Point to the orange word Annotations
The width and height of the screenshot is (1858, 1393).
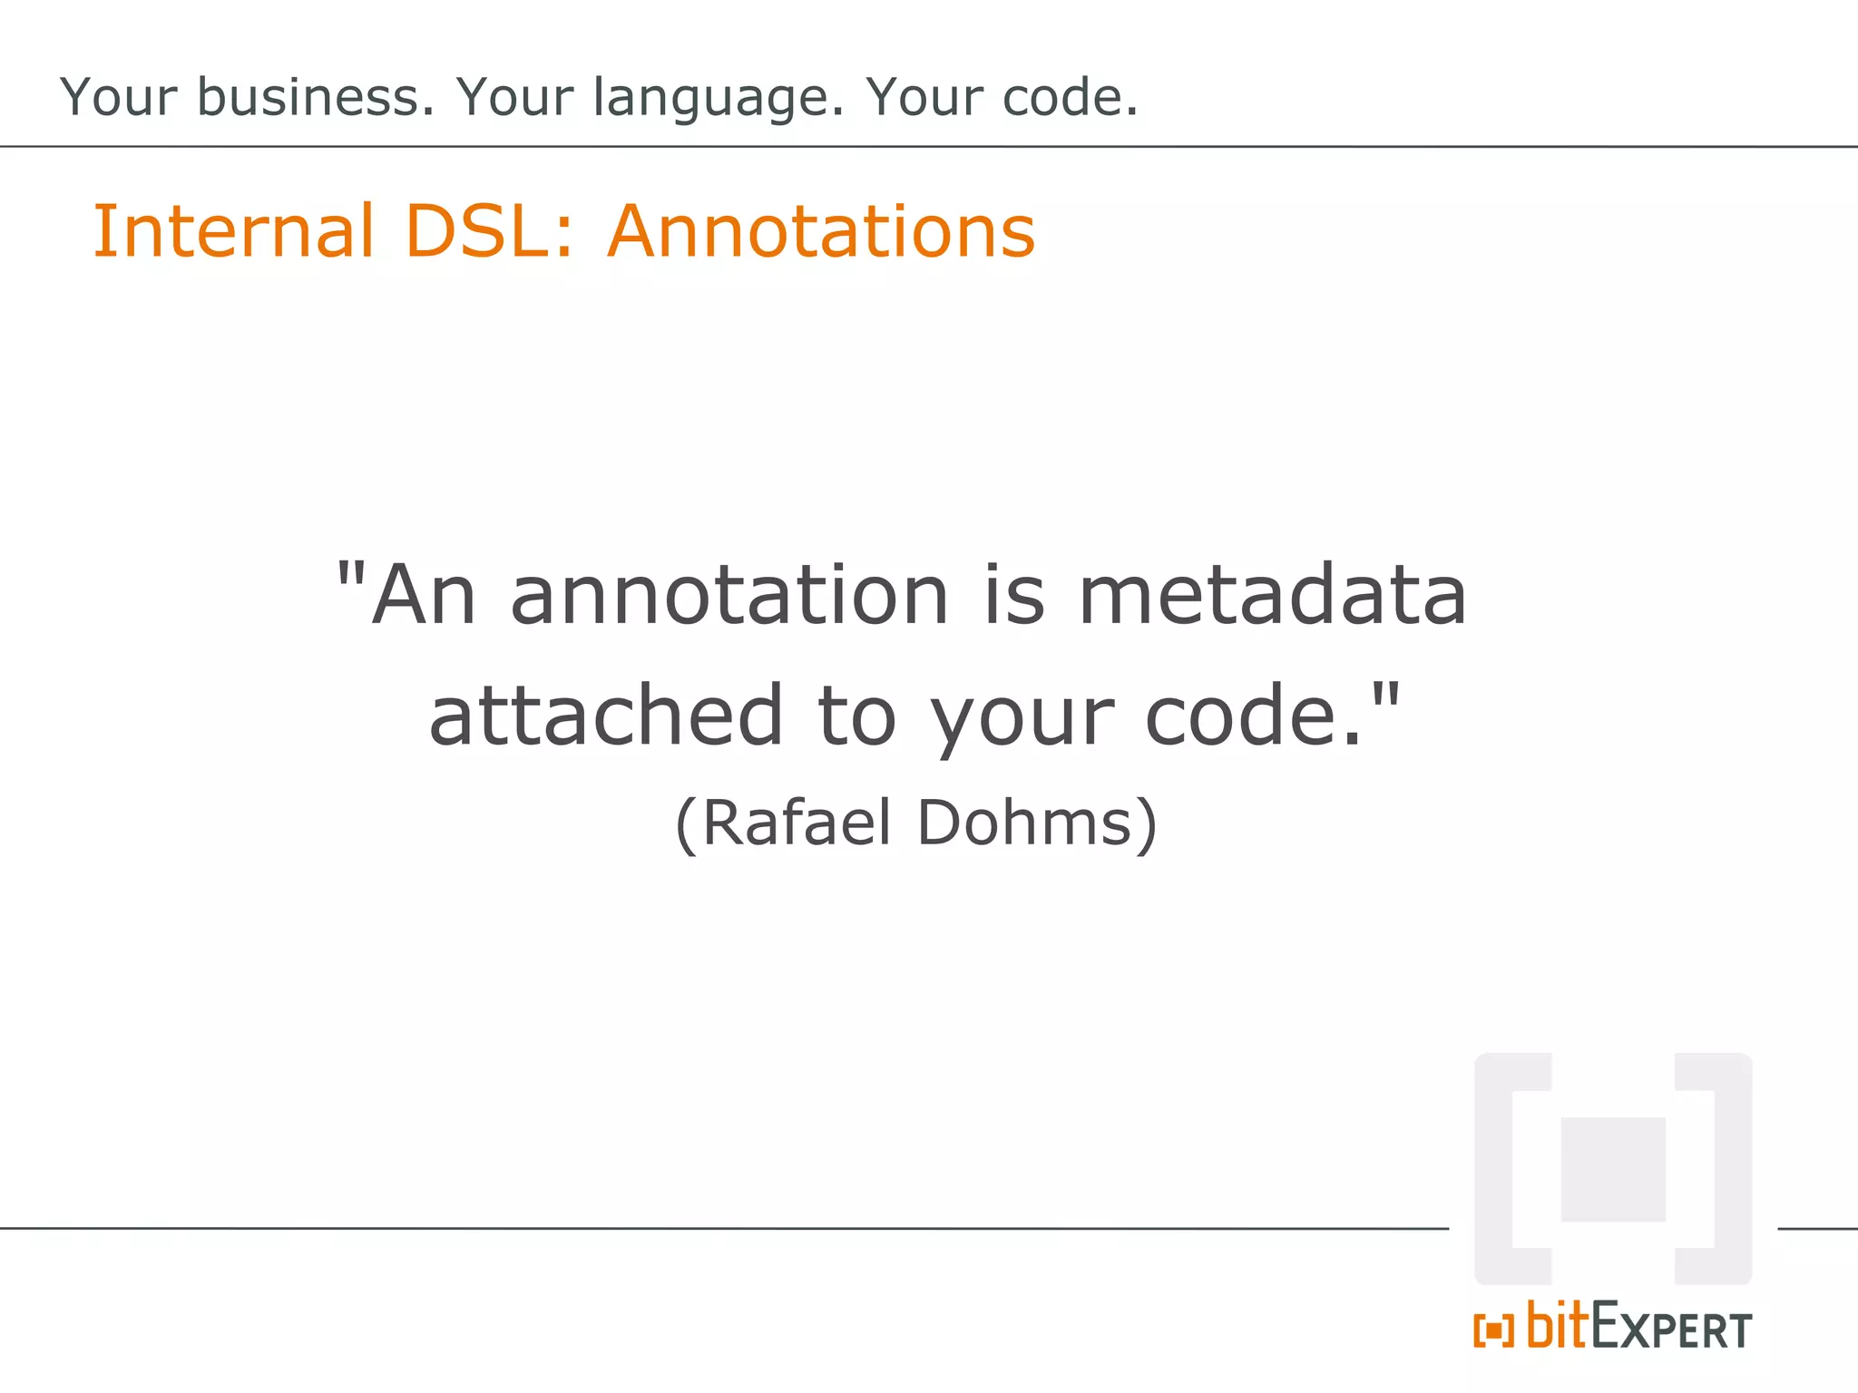[x=821, y=231]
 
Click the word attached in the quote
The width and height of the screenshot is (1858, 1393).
[x=606, y=716]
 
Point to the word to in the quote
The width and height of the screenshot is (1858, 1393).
[x=857, y=716]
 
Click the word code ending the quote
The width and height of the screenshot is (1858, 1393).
[x=1243, y=716]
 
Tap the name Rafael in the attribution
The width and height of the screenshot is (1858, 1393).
[x=797, y=823]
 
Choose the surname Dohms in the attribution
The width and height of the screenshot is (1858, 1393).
[x=1025, y=823]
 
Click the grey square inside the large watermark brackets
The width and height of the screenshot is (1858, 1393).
[x=1613, y=1169]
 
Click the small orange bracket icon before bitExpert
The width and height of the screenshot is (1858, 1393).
[x=1493, y=1330]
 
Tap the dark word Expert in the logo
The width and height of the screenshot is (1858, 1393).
[x=1671, y=1329]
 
